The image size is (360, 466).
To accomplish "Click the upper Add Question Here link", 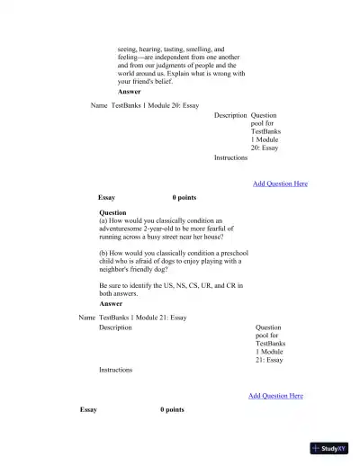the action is click(280, 184).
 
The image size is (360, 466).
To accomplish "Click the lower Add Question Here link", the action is click(275, 396).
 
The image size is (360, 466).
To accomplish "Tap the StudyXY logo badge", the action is click(328, 447).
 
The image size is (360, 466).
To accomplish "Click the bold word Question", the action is click(112, 212).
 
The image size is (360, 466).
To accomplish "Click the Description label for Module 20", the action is click(230, 115).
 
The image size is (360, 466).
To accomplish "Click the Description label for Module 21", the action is click(115, 327).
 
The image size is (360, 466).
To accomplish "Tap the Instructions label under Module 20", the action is click(230, 157).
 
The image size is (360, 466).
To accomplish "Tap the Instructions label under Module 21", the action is click(115, 370).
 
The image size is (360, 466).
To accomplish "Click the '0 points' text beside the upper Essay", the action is click(184, 197).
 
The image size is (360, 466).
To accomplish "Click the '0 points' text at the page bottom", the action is click(172, 409).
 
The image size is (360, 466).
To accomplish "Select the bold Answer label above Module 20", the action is click(129, 92).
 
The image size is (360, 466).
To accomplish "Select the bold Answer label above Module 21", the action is click(111, 304).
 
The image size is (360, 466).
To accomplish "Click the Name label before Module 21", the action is click(86, 318).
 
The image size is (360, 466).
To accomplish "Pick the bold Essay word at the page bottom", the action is click(88, 409).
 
